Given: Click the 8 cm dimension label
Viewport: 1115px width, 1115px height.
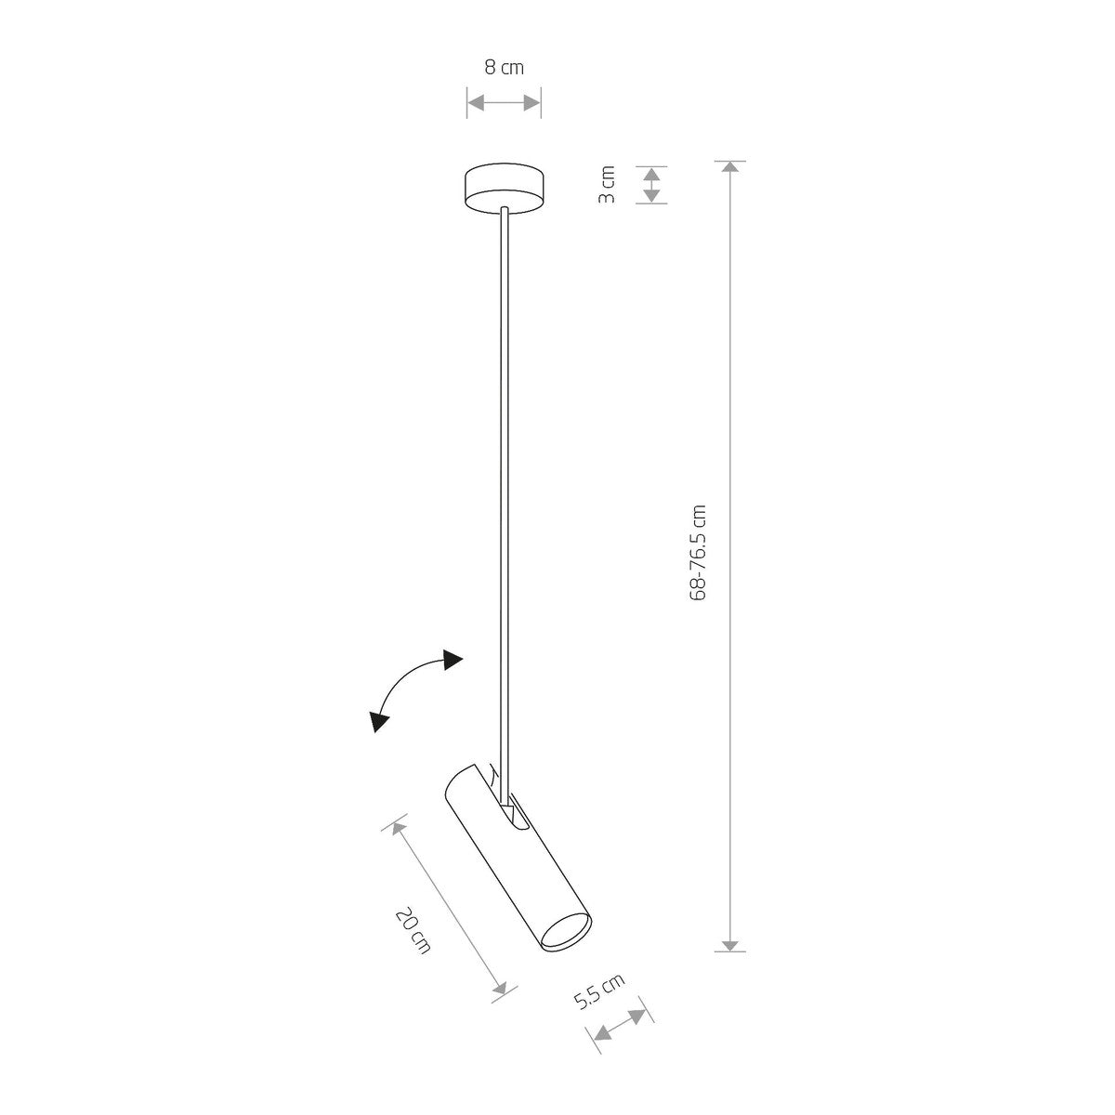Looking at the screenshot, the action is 504,68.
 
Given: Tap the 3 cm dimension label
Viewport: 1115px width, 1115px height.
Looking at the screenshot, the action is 606,185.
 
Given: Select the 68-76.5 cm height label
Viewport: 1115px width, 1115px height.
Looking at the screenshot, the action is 699,553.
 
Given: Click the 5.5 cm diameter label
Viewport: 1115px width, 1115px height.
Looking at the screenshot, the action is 599,991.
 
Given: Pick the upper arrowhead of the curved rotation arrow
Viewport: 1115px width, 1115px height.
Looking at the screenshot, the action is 453,660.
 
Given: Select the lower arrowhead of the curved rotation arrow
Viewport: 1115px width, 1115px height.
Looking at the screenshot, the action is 378,722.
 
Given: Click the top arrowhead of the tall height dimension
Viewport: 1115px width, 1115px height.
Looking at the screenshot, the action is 730,166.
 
